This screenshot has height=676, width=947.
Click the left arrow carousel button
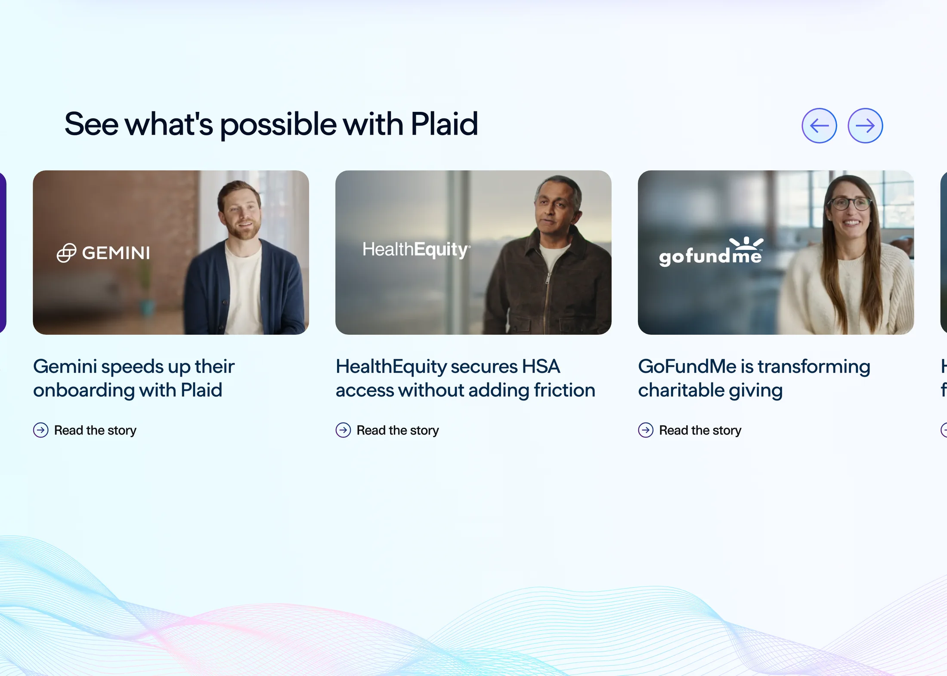tap(819, 126)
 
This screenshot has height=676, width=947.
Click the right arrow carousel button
tap(865, 126)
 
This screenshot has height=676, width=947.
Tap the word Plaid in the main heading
tap(444, 124)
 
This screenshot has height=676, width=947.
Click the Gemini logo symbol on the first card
tap(67, 253)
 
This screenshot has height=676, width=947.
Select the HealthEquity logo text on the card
tap(416, 250)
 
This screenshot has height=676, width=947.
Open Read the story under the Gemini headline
tap(95, 430)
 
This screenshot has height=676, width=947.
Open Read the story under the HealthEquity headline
tap(398, 430)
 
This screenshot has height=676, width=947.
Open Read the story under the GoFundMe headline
tap(700, 430)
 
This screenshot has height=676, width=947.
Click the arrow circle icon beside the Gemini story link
tap(41, 430)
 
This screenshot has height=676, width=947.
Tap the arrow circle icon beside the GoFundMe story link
tap(646, 430)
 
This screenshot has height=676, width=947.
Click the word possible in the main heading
tap(278, 125)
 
